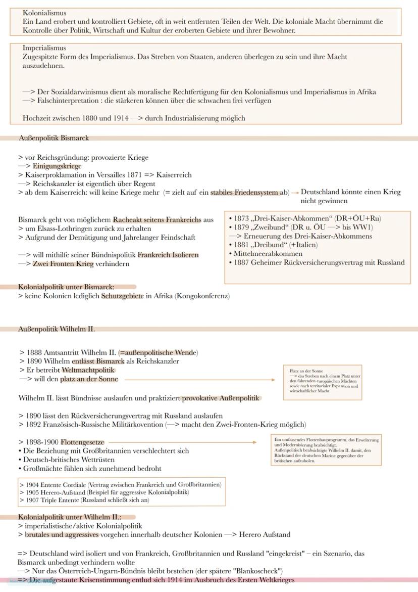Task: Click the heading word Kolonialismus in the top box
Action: pyautogui.click(x=44, y=13)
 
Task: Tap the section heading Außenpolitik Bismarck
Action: pyautogui.click(x=54, y=138)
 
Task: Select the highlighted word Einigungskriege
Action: pyautogui.click(x=57, y=166)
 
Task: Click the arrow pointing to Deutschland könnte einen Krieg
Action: pyautogui.click(x=295, y=193)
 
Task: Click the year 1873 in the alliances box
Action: pyautogui.click(x=242, y=218)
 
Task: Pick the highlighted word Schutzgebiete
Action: pyautogui.click(x=123, y=296)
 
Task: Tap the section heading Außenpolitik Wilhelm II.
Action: pyautogui.click(x=56, y=329)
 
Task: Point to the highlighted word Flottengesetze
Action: pyautogui.click(x=82, y=442)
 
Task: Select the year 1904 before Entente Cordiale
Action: pyautogui.click(x=32, y=484)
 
